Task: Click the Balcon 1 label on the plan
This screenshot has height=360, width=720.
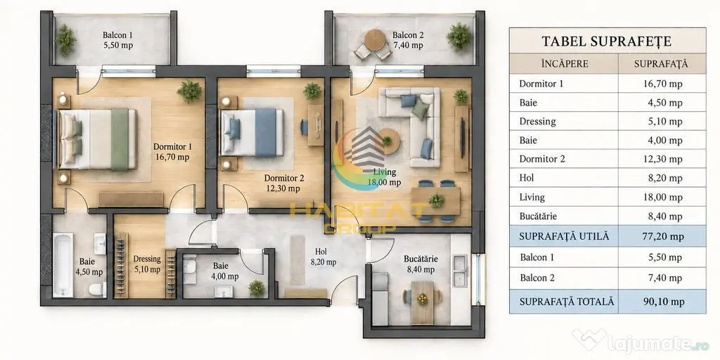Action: [x=118, y=39]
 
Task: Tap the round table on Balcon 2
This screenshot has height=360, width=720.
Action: [x=375, y=39]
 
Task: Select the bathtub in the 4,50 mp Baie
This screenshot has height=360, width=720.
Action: [x=63, y=265]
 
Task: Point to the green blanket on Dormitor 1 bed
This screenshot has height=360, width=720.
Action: [x=120, y=140]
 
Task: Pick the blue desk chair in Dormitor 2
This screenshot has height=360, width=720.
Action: [x=304, y=127]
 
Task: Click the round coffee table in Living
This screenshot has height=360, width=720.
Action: [x=389, y=141]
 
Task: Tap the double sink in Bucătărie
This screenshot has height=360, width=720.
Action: [x=460, y=271]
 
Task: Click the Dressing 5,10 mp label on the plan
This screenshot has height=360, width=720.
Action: [x=147, y=264]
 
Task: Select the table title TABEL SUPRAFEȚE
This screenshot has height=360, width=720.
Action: [x=607, y=41]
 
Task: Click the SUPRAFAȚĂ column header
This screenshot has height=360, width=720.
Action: [x=661, y=64]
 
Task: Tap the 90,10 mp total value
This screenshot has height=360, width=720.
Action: [x=665, y=302]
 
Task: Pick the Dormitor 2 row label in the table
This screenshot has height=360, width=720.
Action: [x=542, y=159]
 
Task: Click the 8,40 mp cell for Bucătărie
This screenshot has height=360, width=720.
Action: [x=665, y=217]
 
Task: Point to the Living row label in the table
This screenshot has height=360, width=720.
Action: [x=532, y=198]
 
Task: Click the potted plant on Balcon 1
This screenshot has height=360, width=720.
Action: [x=65, y=39]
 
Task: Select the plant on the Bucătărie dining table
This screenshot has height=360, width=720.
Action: [x=422, y=299]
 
